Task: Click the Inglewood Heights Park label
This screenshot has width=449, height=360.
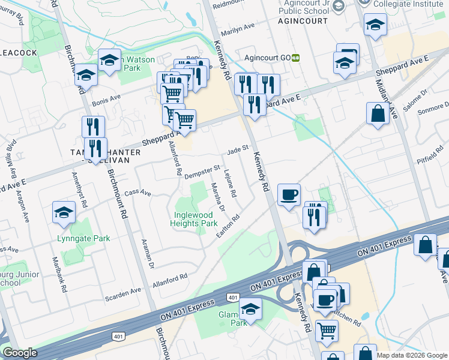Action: pyautogui.click(x=196, y=219)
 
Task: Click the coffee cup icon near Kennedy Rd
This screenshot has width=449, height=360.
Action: pyautogui.click(x=289, y=195)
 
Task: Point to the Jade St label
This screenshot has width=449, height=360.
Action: pyautogui.click(x=238, y=148)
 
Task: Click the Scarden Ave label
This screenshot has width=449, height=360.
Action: pyautogui.click(x=124, y=290)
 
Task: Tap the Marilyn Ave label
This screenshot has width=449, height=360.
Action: pyautogui.click(x=238, y=26)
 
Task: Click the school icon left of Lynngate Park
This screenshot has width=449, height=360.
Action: pyautogui.click(x=64, y=212)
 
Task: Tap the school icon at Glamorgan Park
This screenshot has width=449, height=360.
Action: pyautogui.click(x=250, y=310)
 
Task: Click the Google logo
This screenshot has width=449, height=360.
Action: pyautogui.click(x=20, y=353)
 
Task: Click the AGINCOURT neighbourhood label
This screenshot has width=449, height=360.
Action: pyautogui.click(x=303, y=20)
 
